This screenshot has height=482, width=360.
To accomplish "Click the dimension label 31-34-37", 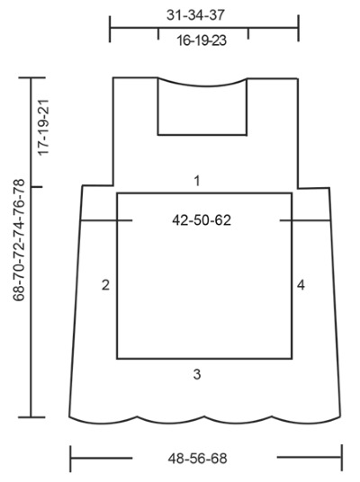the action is coord(195,15).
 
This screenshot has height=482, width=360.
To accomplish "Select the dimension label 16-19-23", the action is coord(202,40).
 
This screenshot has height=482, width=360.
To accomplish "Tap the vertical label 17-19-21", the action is coord(43,128).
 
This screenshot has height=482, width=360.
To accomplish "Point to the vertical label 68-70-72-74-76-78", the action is coord(19,240).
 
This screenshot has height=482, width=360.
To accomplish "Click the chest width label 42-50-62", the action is coord(202,220).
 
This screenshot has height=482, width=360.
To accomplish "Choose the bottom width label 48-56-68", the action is coord(197,459).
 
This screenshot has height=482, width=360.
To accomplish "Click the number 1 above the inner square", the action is coord(197,181).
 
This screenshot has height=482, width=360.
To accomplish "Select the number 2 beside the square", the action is coord(105,285).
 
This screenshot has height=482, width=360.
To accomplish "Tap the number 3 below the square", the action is coord(197,374).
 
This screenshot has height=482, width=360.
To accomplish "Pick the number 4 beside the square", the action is coord(301,285).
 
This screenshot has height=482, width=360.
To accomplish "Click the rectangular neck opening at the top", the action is coord(202,135).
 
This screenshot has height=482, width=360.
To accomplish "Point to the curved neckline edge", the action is coord(202,85).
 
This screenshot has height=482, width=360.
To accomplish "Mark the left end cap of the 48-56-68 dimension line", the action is coord(70,459).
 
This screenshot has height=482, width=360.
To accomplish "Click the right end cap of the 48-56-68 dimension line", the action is coord(341,458).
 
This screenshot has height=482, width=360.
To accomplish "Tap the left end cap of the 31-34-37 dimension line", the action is coord(110,29).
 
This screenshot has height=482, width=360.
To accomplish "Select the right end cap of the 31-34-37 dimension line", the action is coord(298,28).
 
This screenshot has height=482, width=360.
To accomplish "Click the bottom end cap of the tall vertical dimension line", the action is coord(31,417).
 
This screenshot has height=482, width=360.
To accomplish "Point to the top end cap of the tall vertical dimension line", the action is coord(32,77).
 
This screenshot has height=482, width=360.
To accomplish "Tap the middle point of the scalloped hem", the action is coord(205,421).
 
